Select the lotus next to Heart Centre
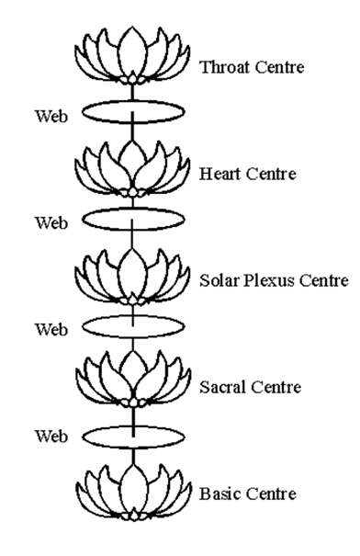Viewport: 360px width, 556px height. click(134, 165)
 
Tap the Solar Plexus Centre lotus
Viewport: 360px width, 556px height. click(134, 272)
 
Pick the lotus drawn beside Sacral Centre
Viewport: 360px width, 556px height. click(134, 379)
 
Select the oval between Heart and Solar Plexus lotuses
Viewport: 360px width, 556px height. click(134, 221)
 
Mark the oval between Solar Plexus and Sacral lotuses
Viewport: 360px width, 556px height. click(134, 326)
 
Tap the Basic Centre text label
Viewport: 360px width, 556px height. click(246, 494)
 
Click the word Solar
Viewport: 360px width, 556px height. click(219, 280)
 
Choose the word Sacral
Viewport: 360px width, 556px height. click(221, 387)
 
